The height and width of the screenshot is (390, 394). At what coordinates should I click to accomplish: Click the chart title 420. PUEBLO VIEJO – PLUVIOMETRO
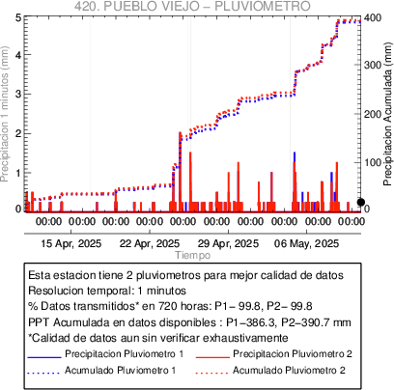[192, 6]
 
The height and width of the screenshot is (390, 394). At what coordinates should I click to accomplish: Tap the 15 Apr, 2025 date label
[71, 243]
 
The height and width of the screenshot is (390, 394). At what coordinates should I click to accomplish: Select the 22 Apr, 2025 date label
[150, 243]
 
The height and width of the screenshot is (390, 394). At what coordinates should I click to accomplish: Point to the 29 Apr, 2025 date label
[228, 243]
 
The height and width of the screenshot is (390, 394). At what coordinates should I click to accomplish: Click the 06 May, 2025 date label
[307, 243]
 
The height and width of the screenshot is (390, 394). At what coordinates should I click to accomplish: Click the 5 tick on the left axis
[18, 17]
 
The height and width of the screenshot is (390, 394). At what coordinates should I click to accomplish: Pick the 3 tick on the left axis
[18, 94]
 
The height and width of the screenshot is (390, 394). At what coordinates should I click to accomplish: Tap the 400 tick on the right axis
[373, 17]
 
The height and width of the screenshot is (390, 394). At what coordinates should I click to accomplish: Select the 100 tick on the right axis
[373, 162]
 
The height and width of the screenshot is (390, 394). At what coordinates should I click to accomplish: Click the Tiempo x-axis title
[193, 255]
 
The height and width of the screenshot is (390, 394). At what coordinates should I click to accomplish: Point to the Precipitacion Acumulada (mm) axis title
[388, 114]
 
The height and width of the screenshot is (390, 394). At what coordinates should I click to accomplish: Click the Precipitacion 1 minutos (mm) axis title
[5, 114]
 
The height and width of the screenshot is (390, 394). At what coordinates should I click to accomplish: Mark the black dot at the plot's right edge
[361, 202]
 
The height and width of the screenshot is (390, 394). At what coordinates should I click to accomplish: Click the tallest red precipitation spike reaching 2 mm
[180, 172]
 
